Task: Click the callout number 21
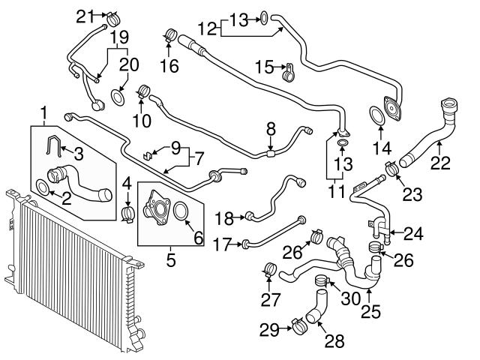tap(86, 14)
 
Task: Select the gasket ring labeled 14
tap(375, 117)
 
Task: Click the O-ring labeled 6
tap(181, 214)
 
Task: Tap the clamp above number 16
tap(169, 35)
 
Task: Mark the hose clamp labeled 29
tap(299, 325)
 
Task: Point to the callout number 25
tap(369, 307)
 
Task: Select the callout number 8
tap(271, 130)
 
